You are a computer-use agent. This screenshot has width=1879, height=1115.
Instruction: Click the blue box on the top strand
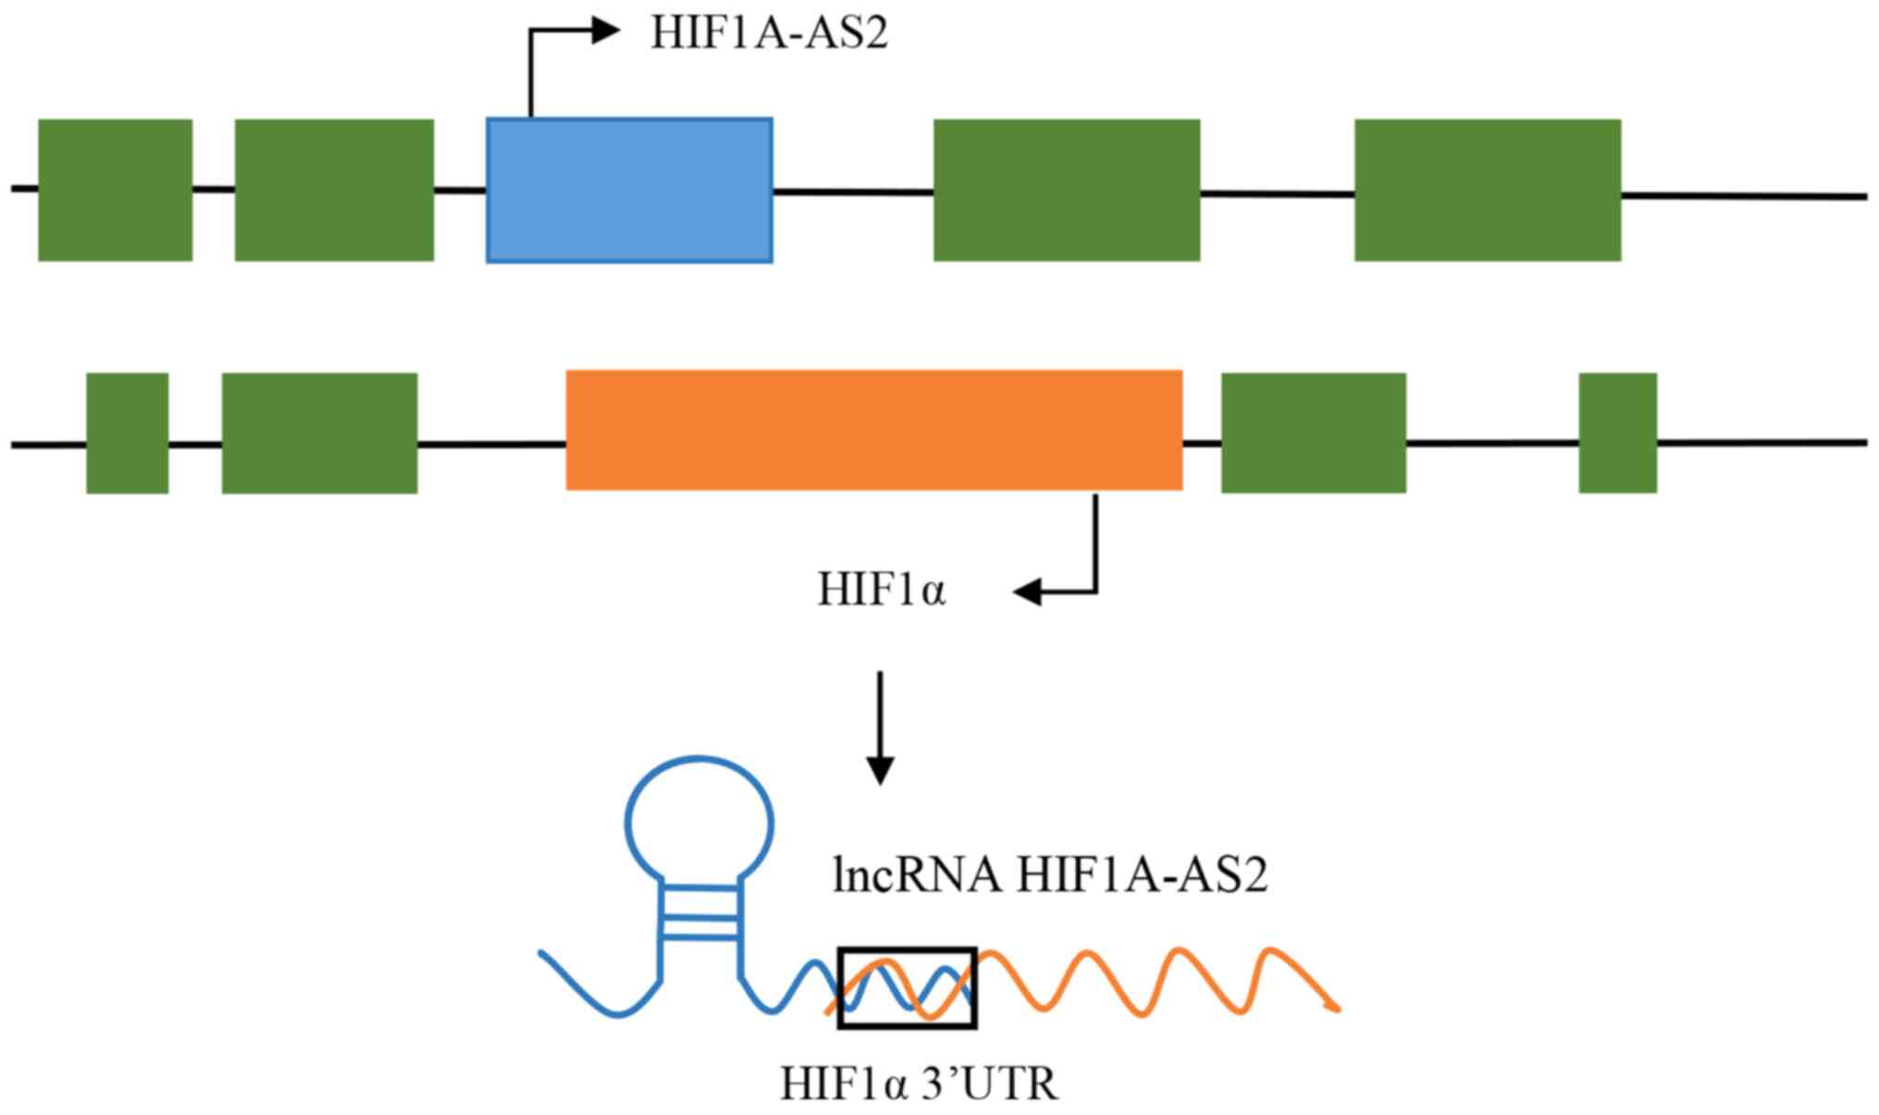coord(629,190)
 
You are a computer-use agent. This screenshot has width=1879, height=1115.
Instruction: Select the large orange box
coord(873,430)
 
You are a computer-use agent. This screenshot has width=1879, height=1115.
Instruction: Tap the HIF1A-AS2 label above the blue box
coord(769,34)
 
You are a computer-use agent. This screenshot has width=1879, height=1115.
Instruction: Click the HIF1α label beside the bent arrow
coord(881,590)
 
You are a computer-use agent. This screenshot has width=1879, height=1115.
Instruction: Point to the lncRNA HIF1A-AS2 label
coord(1049,874)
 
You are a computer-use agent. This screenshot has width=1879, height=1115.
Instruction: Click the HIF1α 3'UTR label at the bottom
coord(918,1084)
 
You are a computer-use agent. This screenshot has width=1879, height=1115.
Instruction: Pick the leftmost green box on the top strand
coord(115,190)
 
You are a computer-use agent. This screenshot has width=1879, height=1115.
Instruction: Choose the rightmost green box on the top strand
coord(1487,190)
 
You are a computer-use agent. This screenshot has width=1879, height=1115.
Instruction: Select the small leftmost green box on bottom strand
coord(127,433)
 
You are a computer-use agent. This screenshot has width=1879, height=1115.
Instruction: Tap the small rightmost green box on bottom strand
coord(1616,433)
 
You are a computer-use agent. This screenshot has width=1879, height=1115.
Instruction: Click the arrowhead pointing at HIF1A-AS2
coord(606,31)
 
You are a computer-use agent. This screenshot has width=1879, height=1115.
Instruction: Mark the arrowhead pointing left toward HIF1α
coord(1027,591)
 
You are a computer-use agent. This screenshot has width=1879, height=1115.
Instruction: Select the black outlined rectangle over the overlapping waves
coord(907,987)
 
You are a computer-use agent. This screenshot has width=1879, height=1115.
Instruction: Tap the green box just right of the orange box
coord(1313,433)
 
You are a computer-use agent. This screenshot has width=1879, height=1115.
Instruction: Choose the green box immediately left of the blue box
coord(334,190)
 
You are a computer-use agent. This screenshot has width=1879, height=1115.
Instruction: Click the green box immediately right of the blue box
coord(1066,190)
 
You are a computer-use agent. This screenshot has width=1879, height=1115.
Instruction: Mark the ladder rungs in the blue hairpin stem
coord(700,915)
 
